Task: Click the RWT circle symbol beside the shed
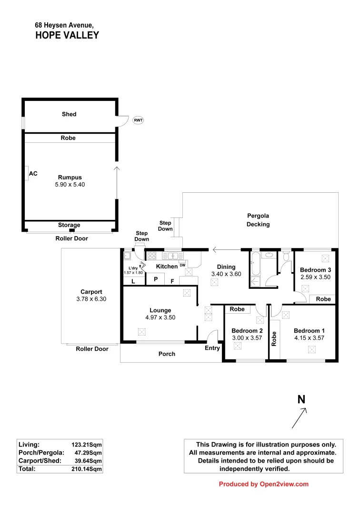[138, 120]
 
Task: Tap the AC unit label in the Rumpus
[33, 174]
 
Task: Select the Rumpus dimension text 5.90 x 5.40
[70, 184]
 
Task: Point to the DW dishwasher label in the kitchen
[182, 265]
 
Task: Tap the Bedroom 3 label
[315, 270]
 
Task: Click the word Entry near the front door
[212, 348]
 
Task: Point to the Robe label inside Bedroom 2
[237, 309]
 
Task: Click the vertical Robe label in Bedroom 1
[274, 338]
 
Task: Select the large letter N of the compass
[301, 399]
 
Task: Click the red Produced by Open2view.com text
[263, 484]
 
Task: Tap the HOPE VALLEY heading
[67, 35]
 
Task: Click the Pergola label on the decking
[259, 216]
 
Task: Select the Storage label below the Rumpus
[69, 225]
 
